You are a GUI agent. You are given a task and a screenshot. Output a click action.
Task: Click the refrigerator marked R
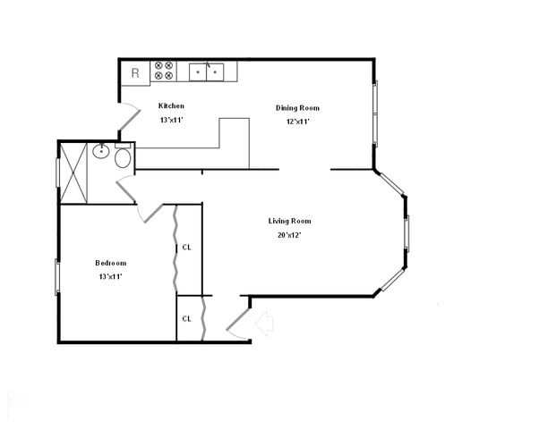(x=135, y=72)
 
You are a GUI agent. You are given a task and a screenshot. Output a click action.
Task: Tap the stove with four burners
(x=164, y=71)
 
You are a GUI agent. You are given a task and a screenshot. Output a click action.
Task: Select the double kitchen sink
(x=207, y=71)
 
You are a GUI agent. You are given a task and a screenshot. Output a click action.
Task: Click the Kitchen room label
(x=171, y=105)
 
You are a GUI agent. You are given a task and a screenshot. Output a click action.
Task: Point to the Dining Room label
(x=297, y=108)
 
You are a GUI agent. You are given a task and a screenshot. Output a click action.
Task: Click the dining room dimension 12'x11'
(x=297, y=122)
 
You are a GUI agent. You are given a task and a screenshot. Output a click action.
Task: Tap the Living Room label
(x=289, y=221)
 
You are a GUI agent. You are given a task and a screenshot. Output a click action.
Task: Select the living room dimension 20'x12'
(x=289, y=235)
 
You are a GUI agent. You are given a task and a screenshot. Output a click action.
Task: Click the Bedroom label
(x=111, y=263)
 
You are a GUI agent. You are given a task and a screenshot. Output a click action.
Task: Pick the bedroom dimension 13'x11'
(x=111, y=277)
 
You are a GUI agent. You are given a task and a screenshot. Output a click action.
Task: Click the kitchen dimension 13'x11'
(x=172, y=119)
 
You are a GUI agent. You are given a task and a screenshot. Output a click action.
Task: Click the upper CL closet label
(x=187, y=248)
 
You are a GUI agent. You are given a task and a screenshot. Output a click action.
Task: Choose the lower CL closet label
(x=187, y=318)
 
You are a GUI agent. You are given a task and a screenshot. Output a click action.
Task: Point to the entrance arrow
(x=264, y=322)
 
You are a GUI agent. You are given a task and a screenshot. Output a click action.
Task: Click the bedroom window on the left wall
(x=57, y=276)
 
